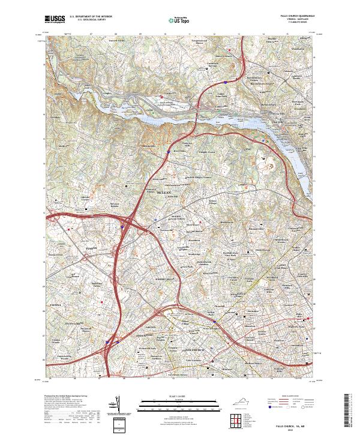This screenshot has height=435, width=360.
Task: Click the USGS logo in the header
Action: [x=54, y=19]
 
